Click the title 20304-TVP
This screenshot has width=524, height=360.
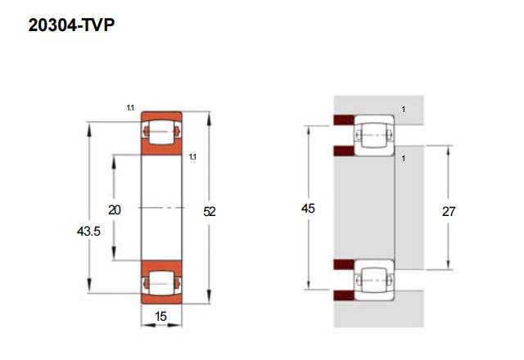click(70, 26)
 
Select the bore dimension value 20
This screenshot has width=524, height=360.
click(115, 210)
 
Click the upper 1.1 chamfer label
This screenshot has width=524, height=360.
click(130, 107)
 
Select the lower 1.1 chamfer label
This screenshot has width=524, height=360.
click(192, 156)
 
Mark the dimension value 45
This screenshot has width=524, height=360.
click(308, 209)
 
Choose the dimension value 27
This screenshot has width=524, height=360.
click(449, 210)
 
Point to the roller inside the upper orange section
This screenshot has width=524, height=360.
click(160, 132)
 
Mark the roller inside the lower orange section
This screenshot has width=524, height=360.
click(160, 282)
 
